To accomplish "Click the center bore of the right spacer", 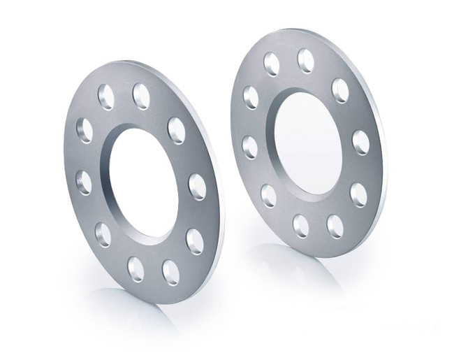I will (308, 143).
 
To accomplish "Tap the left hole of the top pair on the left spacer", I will (106, 97).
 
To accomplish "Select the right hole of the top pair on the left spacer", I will (141, 96).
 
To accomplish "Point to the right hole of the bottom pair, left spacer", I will (170, 271).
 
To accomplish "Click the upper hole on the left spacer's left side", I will (85, 130).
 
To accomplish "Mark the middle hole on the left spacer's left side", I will (84, 182).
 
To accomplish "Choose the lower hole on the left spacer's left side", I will (103, 234).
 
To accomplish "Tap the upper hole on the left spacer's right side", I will (177, 131).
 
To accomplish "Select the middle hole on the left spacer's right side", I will (197, 187).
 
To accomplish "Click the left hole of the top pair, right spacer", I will (272, 64).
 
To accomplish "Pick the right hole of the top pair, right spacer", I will (306, 61).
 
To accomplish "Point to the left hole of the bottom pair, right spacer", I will (301, 226).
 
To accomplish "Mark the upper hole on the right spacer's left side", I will (251, 97).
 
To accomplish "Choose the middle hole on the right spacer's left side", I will (250, 147).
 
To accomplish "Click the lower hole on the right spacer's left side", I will (269, 194).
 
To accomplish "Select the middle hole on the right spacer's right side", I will (360, 143).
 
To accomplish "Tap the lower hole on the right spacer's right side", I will (358, 195).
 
